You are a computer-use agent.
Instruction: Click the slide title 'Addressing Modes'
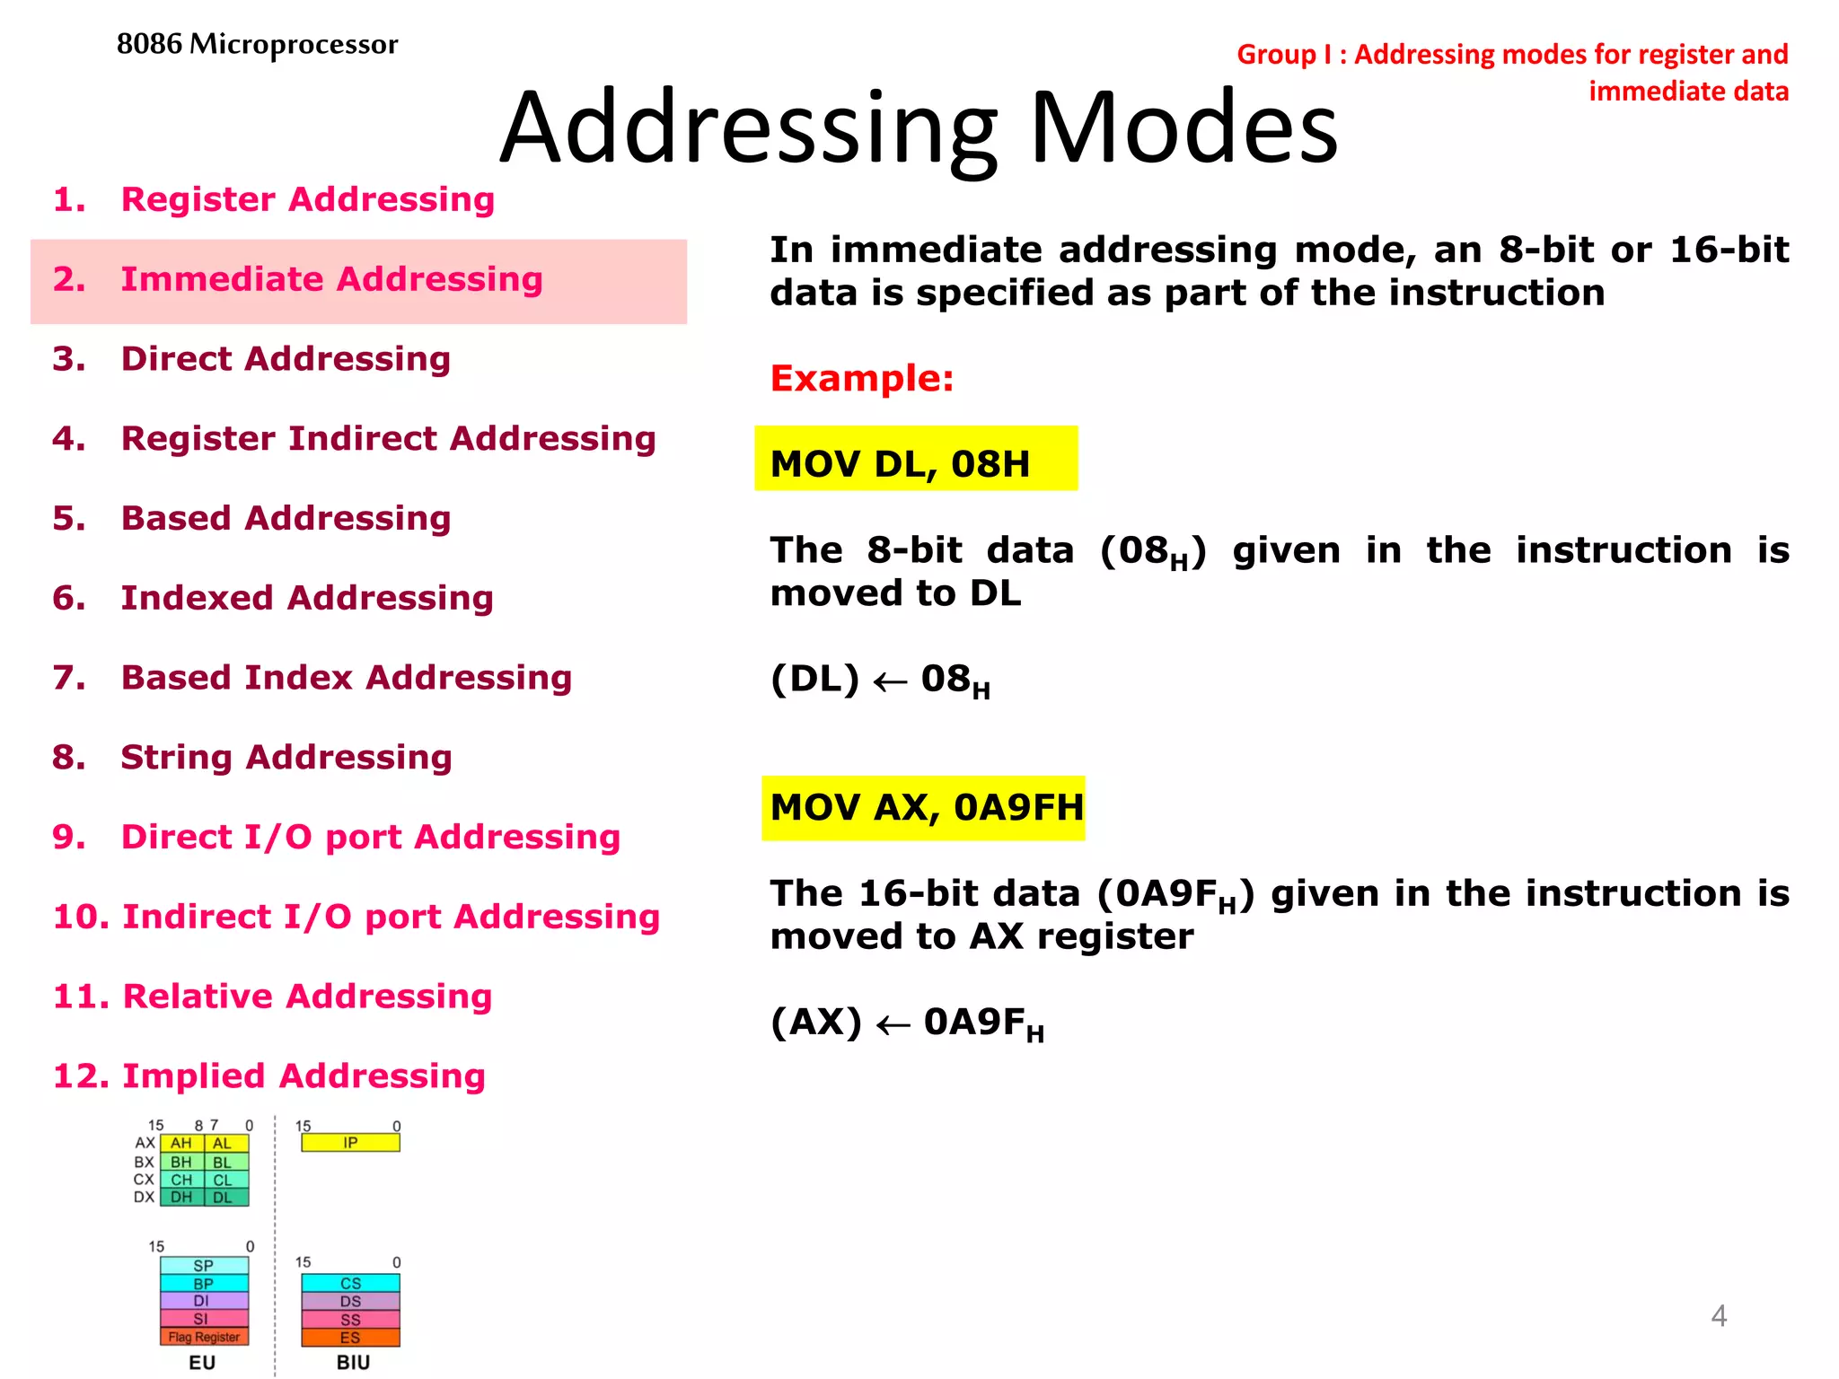pos(918,127)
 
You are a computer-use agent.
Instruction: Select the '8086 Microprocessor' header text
pos(257,44)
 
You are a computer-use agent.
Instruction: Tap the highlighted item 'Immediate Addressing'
pos(331,279)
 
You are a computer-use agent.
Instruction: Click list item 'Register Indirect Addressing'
pos(388,438)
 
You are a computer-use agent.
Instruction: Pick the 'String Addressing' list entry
pos(286,757)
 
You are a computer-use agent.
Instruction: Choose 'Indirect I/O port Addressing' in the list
pos(390,917)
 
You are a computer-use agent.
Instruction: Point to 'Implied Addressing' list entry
pos(304,1076)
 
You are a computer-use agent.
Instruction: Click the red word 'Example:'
pos(861,378)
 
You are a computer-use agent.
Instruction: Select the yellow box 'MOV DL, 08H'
pos(915,460)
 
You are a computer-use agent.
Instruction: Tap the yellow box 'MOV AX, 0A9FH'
pos(923,808)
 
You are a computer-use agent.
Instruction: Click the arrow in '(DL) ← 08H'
pos(890,683)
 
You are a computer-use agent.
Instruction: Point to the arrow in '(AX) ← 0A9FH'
pos(893,1025)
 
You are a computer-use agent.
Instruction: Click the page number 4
pos(1718,1316)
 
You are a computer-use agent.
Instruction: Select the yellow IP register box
pos(350,1143)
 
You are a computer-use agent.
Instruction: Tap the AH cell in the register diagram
pos(181,1143)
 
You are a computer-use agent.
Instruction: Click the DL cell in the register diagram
pos(223,1198)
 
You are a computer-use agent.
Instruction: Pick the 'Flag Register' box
pos(204,1337)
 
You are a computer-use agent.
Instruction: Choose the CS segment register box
pos(350,1284)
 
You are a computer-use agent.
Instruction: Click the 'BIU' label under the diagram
pos(353,1362)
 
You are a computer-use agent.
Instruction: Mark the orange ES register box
pos(350,1338)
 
